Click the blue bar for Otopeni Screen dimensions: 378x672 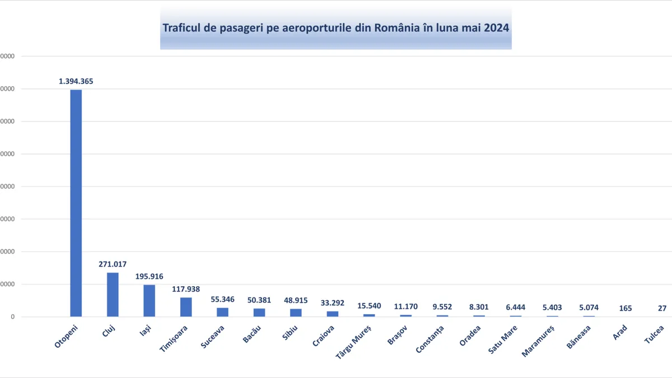pyautogui.click(x=76, y=203)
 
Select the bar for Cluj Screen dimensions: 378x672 pyautogui.click(x=113, y=295)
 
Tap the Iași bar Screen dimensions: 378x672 pyautogui.click(x=149, y=301)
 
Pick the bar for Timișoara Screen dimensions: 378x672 pyautogui.click(x=186, y=307)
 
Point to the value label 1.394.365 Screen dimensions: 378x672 pyautogui.click(x=76, y=81)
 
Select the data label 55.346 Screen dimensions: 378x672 pyautogui.click(x=222, y=300)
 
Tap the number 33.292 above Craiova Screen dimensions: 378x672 pyautogui.click(x=333, y=303)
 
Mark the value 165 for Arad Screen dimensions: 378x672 pyautogui.click(x=626, y=309)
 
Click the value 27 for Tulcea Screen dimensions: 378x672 pyautogui.click(x=662, y=309)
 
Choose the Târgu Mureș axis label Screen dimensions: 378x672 pyautogui.click(x=353, y=342)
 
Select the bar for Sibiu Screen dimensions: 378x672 pyautogui.click(x=296, y=312)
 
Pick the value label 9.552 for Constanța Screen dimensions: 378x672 pyautogui.click(x=442, y=307)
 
